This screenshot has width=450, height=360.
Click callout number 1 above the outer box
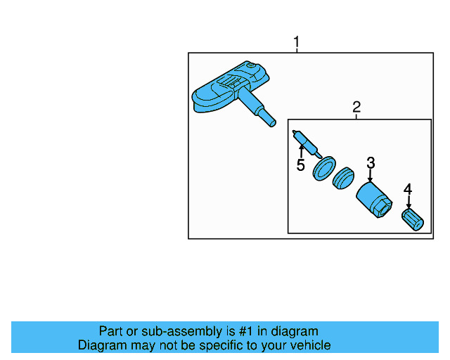point(296,43)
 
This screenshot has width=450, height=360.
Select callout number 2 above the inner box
point(356,107)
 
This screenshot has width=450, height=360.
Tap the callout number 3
point(371,163)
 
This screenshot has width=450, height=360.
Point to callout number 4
point(408,188)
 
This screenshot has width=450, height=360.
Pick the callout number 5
point(300,166)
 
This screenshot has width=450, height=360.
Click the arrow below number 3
point(371,176)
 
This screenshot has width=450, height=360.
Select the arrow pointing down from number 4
point(409,201)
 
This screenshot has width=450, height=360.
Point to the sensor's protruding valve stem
point(260,115)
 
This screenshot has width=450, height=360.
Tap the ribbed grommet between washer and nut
point(344,179)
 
